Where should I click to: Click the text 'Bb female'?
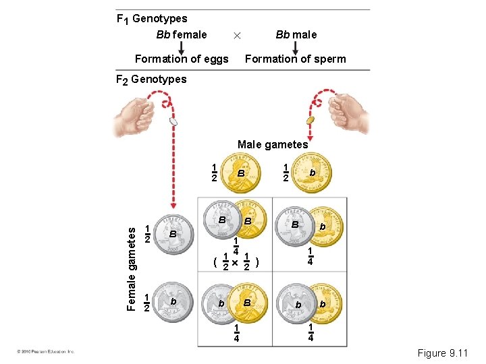point(181,34)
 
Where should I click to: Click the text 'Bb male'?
point(296,34)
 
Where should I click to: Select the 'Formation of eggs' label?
point(182,59)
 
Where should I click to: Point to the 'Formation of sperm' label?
point(295,59)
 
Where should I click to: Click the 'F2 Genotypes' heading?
point(151,80)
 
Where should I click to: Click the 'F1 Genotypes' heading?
point(152,19)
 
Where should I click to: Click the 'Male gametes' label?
point(273,144)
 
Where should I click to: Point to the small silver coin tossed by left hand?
point(173,123)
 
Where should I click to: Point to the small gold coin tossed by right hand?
point(311,120)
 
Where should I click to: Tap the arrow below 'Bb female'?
point(181,47)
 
